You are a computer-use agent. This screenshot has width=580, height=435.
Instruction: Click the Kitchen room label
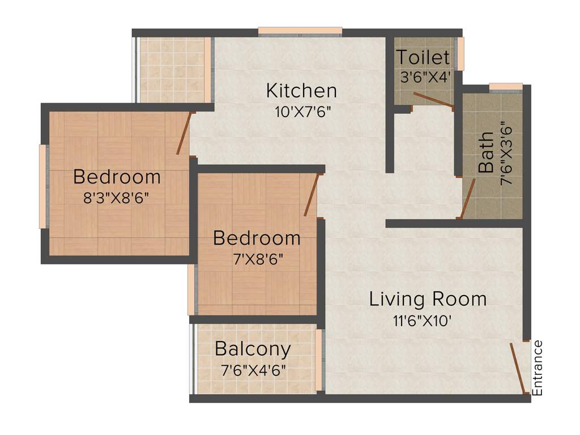pyautogui.click(x=301, y=91)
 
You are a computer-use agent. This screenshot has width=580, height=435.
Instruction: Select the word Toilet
pyautogui.click(x=423, y=58)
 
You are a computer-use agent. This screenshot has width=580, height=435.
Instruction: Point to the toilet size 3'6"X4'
pyautogui.click(x=425, y=77)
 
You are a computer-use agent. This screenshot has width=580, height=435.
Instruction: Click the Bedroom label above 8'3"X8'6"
pyautogui.click(x=117, y=177)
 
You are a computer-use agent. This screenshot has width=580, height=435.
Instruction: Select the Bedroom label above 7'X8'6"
pyautogui.click(x=257, y=238)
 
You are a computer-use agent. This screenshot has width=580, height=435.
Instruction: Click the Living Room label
pyautogui.click(x=428, y=299)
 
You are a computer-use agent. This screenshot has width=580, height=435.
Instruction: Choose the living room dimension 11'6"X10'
pyautogui.click(x=423, y=321)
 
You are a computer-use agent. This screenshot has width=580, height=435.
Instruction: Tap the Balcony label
pyautogui.click(x=253, y=349)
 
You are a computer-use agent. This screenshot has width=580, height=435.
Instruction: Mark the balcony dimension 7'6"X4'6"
pyautogui.click(x=253, y=371)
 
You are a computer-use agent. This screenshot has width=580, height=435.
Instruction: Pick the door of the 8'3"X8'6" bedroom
pyautogui.click(x=184, y=134)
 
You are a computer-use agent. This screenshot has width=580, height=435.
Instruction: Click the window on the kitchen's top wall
pyautogui.click(x=300, y=32)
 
